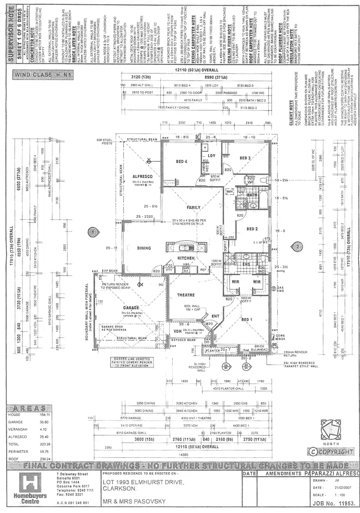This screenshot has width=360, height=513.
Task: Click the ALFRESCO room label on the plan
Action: coord(142,177)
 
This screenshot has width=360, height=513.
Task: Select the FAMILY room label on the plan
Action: coord(194,208)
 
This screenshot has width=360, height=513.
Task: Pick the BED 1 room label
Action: coord(247,320)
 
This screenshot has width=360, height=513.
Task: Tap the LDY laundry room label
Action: coord(211,156)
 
